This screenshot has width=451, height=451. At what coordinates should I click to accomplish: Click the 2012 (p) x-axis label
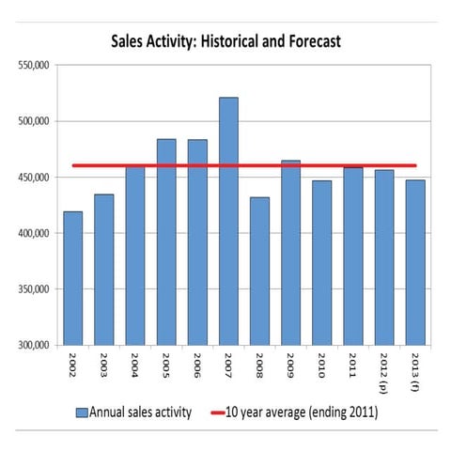[x=385, y=370]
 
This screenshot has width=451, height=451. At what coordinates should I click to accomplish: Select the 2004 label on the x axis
[x=135, y=365]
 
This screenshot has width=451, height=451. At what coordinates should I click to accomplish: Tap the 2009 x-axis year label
[x=291, y=365]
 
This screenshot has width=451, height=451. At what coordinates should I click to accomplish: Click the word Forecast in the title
[x=308, y=41]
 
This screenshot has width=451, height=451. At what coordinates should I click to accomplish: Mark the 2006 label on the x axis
[x=198, y=365]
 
